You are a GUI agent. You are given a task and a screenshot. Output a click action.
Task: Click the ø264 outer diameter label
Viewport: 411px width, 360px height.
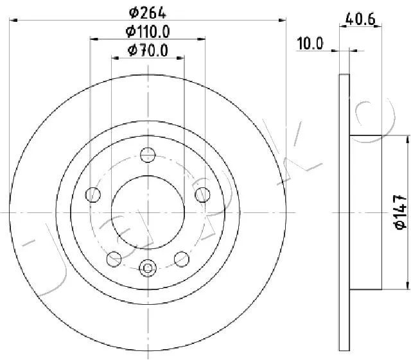[148, 13]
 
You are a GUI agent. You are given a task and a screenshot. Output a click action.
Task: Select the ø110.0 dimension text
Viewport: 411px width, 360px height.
[148, 31]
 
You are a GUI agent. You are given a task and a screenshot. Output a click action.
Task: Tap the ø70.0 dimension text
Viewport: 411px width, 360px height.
[148, 50]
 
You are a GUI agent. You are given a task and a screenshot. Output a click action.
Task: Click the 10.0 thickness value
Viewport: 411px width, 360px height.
[310, 43]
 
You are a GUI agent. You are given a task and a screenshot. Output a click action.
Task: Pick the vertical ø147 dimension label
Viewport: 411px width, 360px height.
[401, 212]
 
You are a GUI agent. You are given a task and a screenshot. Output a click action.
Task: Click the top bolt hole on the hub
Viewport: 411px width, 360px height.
[148, 155]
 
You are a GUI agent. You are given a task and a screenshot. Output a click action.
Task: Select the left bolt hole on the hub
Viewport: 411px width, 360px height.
[93, 194]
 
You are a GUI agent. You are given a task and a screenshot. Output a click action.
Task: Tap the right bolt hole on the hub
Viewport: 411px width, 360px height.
[203, 194]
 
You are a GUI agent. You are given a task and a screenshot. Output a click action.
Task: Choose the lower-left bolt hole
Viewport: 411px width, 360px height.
[114, 259]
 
